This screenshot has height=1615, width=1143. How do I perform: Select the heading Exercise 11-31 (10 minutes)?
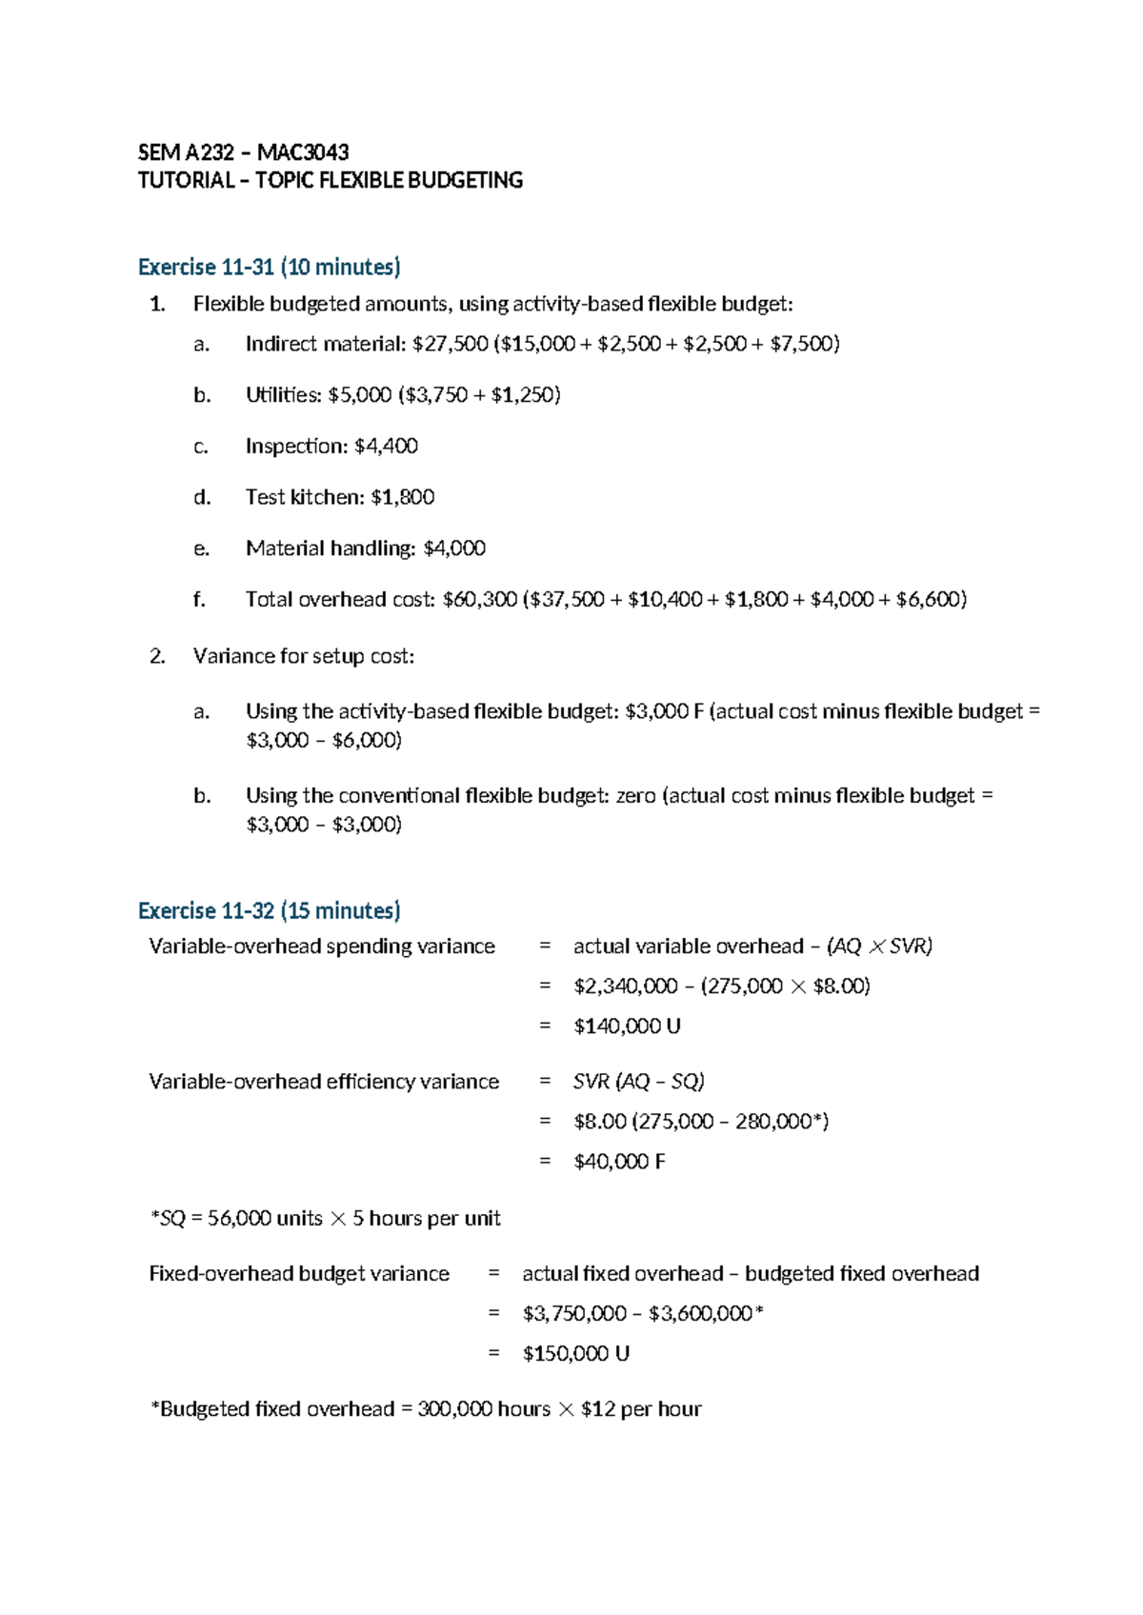pyautogui.click(x=269, y=267)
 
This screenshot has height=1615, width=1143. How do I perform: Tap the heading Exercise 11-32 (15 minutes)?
pyautogui.click(x=269, y=910)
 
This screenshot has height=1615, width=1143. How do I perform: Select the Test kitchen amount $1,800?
pyautogui.click(x=402, y=497)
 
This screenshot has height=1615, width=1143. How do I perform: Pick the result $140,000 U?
pyautogui.click(x=627, y=1027)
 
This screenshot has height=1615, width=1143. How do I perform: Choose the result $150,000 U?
pyautogui.click(x=575, y=1354)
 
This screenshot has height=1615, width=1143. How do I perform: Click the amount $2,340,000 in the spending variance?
pyautogui.click(x=625, y=987)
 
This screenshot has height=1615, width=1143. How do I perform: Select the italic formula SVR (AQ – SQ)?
pyautogui.click(x=638, y=1082)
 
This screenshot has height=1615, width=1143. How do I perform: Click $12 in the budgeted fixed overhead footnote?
pyautogui.click(x=598, y=1409)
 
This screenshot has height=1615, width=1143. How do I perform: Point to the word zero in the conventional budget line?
pyautogui.click(x=635, y=796)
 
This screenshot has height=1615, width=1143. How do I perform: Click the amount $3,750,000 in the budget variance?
pyautogui.click(x=574, y=1314)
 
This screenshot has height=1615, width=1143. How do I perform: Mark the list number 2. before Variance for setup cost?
pyautogui.click(x=157, y=656)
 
